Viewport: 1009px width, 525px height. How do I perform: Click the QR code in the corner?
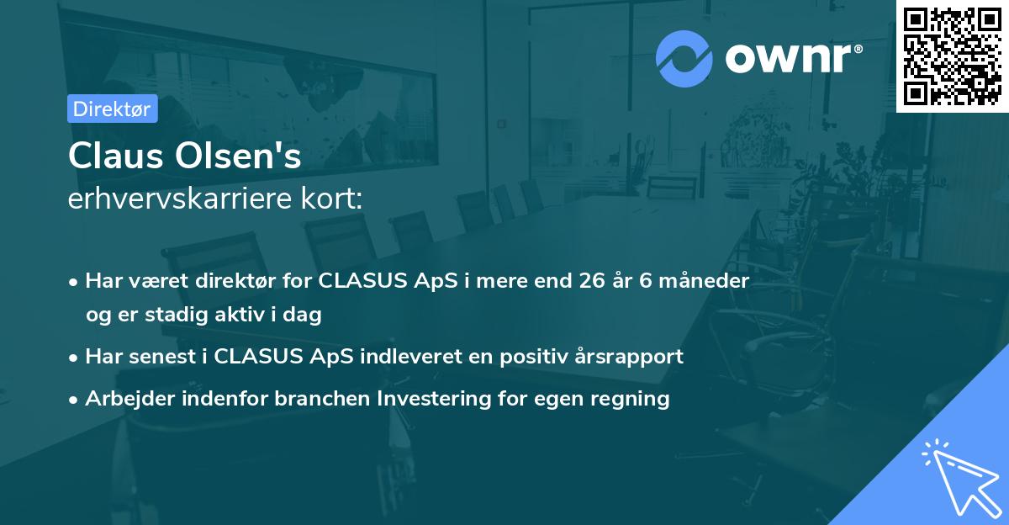click(953, 56)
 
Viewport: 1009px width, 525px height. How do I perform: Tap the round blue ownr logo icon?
click(684, 58)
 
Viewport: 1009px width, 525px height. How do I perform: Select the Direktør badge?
click(113, 109)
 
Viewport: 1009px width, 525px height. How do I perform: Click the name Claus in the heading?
click(113, 156)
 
